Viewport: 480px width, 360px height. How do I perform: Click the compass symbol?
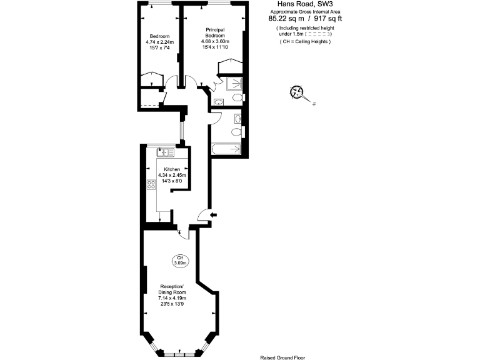pyautogui.click(x=296, y=92)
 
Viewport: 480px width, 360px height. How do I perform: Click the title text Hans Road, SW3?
pyautogui.click(x=306, y=4)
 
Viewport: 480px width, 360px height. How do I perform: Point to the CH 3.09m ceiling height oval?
pyautogui.click(x=180, y=260)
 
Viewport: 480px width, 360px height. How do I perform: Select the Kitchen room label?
pyautogui.click(x=172, y=169)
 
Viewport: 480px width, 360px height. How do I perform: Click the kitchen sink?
pyautogui.click(x=166, y=152)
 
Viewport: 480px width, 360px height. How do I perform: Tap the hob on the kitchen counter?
pyautogui.click(x=151, y=186)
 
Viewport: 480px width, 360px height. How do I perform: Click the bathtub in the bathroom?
pyautogui.click(x=226, y=149)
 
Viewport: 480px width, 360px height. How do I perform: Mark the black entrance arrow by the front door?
pyautogui.click(x=214, y=216)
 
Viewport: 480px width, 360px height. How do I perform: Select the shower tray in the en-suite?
pyautogui.click(x=234, y=84)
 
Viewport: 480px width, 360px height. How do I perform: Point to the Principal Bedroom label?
pyautogui.click(x=215, y=33)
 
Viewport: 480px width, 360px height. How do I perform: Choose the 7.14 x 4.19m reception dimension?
pyautogui.click(x=172, y=298)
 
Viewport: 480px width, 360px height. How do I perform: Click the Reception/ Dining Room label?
pyautogui.click(x=172, y=289)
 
